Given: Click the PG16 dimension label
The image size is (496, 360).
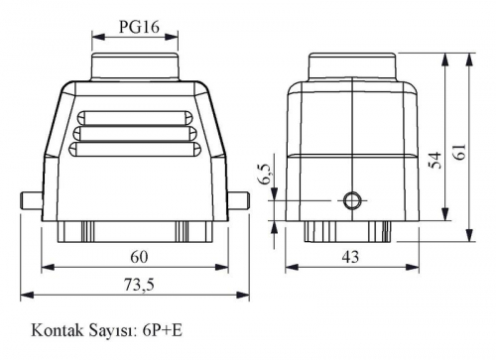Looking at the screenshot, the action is click(x=139, y=27).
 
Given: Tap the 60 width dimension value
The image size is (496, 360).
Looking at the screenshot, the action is click(x=139, y=257).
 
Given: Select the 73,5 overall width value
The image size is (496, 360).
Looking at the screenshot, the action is click(x=139, y=285).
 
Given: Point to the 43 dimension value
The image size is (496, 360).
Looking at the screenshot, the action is click(x=350, y=257).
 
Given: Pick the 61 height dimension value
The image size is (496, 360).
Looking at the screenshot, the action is click(x=460, y=152).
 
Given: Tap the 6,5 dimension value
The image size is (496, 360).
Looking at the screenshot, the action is click(x=267, y=175).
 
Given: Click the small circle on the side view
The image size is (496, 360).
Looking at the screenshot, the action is click(x=353, y=200).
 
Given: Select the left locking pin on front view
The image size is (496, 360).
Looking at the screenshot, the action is click(x=32, y=200).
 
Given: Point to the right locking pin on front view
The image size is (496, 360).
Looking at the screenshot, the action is click(x=238, y=200).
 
